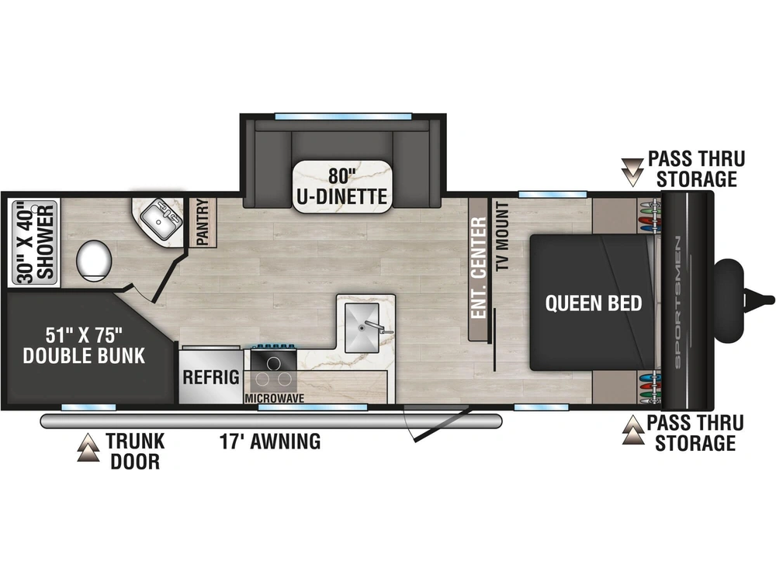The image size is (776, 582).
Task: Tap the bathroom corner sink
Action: (160, 218)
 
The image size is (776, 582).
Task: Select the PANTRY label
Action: (203, 222)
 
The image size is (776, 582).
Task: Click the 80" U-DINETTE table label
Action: (342, 186)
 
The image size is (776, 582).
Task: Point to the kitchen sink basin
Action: (362, 327)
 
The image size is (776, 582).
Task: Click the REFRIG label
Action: (211, 377)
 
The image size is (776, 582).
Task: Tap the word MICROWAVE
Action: (274, 398)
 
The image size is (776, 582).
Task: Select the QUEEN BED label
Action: (594, 303)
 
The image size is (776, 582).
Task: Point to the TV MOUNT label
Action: (503, 236)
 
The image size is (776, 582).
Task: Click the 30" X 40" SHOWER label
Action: (35, 242)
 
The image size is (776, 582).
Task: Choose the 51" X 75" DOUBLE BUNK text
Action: (84, 345)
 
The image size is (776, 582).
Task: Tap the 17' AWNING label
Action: (270, 441)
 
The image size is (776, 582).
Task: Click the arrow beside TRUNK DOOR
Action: (88, 448)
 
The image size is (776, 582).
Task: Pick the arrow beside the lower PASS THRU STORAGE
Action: (633, 429)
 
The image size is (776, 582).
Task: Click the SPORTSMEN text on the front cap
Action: (677, 302)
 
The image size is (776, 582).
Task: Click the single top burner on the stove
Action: (273, 363)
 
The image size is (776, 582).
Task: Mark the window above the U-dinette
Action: (344, 117)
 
